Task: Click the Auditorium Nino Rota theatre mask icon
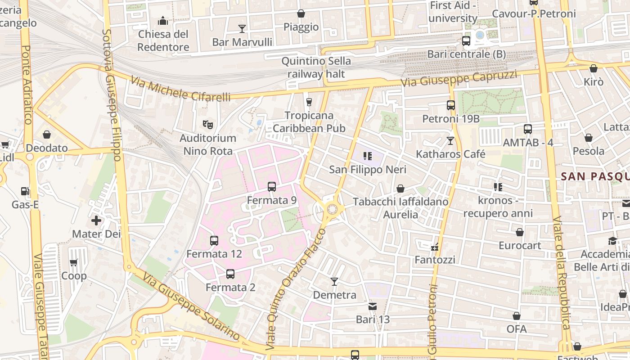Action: [207, 124]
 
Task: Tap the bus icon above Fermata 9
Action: [271, 186]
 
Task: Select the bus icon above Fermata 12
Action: [214, 240]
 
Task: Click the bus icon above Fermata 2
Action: [230, 274]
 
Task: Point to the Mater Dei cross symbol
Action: [96, 220]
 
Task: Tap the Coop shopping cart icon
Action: [74, 262]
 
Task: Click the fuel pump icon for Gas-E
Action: [25, 191]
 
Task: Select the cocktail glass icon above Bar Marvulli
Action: [242, 29]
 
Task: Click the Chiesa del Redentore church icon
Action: [162, 21]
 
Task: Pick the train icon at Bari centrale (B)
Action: [466, 41]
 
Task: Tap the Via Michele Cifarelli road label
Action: [180, 89]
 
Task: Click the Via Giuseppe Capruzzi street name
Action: [459, 79]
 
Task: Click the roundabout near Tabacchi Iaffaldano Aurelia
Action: [333, 209]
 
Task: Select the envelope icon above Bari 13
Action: [373, 306]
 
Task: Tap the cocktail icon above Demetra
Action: [334, 282]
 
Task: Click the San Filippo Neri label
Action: [368, 170]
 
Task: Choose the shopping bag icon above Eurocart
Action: [519, 232]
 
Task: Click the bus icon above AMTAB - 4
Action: [528, 129]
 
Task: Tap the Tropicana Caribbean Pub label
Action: [309, 122]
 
